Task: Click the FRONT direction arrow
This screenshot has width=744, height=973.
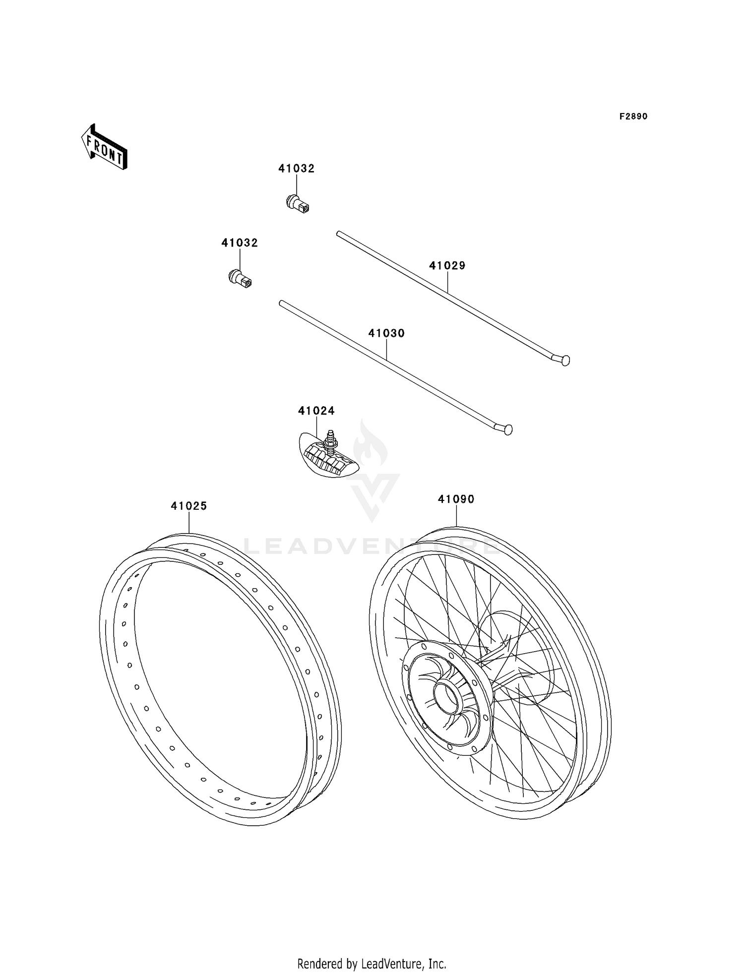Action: pyautogui.click(x=105, y=147)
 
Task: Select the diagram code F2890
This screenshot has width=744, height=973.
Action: pyautogui.click(x=633, y=117)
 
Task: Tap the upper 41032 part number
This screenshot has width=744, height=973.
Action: pyautogui.click(x=296, y=169)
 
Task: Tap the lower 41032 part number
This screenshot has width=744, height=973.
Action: pyautogui.click(x=240, y=243)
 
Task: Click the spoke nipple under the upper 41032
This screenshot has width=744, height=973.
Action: pyautogui.click(x=298, y=204)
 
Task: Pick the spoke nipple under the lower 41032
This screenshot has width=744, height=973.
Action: pyautogui.click(x=240, y=278)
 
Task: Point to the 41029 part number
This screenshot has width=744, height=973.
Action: pyautogui.click(x=447, y=266)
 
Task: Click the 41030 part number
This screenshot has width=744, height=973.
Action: pyautogui.click(x=386, y=333)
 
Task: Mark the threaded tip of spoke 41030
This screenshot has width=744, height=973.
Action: pyautogui.click(x=282, y=303)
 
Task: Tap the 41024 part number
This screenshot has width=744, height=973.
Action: pyautogui.click(x=316, y=411)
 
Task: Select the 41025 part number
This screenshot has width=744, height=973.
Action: pyautogui.click(x=189, y=506)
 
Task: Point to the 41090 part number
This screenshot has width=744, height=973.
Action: pyautogui.click(x=456, y=499)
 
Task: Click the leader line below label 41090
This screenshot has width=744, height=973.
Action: pyautogui.click(x=456, y=516)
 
